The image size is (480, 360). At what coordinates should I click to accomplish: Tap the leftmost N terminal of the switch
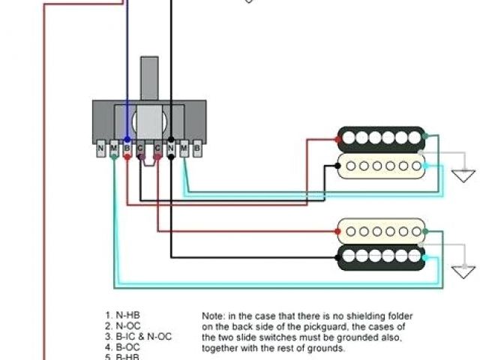point(100,148)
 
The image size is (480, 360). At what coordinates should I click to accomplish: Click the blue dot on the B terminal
point(127,140)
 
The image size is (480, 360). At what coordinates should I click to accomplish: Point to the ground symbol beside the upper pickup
point(463,175)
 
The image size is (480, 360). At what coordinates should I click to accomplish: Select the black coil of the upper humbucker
point(380,138)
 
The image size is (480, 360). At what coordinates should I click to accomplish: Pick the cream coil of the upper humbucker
point(380,166)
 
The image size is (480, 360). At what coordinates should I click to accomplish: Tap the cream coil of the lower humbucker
point(380,229)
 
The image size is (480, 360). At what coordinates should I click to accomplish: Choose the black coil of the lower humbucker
point(380,256)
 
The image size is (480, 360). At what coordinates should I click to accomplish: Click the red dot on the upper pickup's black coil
point(337,139)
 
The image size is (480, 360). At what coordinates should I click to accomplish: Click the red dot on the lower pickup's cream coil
point(337,229)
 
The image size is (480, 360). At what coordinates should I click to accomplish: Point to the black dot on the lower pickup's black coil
point(337,256)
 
